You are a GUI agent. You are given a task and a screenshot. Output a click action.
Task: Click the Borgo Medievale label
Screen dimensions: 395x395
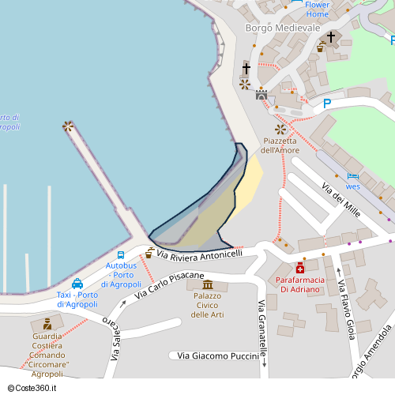283,28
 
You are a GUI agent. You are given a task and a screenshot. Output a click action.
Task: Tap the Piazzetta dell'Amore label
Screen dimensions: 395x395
280,145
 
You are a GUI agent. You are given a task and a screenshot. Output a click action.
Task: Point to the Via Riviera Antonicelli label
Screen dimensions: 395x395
199,254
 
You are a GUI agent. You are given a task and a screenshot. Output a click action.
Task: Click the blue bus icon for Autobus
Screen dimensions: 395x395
121,254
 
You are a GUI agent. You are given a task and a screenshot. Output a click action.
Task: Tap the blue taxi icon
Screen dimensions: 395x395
77,283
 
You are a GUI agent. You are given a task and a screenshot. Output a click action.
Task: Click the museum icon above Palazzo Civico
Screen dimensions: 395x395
208,284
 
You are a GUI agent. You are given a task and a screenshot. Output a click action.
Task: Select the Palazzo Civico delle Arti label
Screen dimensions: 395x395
208,305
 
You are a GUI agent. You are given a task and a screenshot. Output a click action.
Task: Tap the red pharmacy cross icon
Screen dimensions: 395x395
300,268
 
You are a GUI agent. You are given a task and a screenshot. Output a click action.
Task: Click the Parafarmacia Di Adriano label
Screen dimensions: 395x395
298,284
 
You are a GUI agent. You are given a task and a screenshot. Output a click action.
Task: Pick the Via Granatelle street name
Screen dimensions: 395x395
261,330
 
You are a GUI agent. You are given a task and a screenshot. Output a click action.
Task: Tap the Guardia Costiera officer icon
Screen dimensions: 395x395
47,324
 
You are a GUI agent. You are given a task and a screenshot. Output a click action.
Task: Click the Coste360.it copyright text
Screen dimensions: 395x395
36,388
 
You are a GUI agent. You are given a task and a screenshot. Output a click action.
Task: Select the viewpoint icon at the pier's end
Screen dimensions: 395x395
68,126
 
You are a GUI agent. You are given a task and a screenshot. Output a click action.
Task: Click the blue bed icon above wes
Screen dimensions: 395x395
352,176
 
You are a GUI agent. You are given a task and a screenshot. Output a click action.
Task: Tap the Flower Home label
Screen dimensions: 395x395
317,9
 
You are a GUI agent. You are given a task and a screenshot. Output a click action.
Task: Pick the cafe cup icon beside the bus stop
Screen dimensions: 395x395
149,253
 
